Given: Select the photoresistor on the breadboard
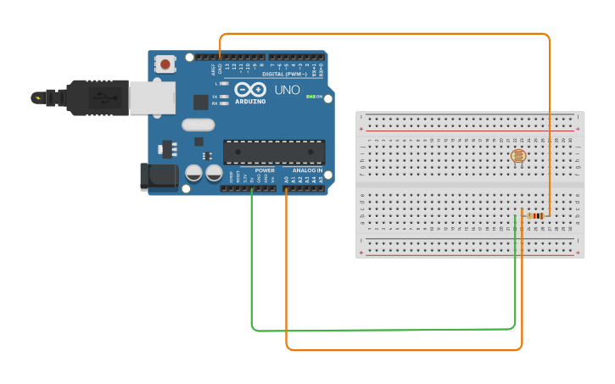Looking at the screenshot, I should [x=518, y=156].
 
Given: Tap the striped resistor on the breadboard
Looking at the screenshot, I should [x=535, y=216].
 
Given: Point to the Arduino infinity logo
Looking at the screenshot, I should [x=250, y=90].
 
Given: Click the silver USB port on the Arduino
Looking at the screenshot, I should [x=152, y=97].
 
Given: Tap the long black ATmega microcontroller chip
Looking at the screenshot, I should [x=274, y=153].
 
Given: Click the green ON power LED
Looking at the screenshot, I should [x=309, y=97].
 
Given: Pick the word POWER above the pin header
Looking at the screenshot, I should [x=264, y=170].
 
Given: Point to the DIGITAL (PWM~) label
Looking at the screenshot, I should [x=284, y=75].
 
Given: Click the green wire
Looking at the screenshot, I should [x=382, y=329].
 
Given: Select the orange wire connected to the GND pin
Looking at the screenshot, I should [x=382, y=34].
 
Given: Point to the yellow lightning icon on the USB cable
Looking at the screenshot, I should [x=37, y=97].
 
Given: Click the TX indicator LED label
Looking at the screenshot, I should [x=215, y=97].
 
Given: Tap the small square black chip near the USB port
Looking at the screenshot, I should [x=200, y=103].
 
